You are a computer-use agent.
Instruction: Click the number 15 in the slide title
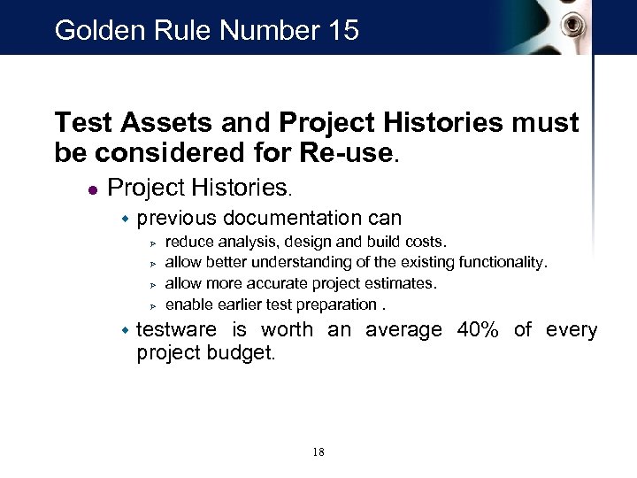341,31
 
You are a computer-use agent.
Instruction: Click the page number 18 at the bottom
318,452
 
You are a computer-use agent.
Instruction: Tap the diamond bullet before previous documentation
125,219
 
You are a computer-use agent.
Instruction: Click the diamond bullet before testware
125,330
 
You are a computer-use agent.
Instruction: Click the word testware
176,330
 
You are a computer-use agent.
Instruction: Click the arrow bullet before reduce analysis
152,242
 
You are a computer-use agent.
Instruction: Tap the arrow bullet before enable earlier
152,305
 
